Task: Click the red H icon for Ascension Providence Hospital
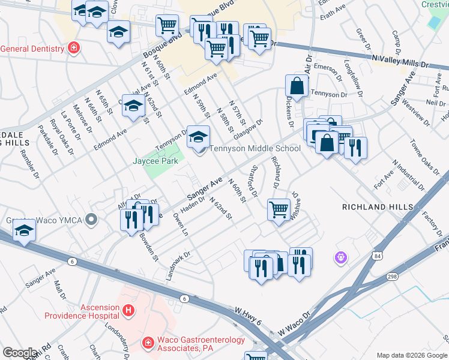click(x=127, y=310)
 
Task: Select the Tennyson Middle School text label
click(x=255, y=149)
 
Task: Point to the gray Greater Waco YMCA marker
click(x=91, y=220)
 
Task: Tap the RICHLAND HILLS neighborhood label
click(x=377, y=207)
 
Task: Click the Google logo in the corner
click(x=20, y=353)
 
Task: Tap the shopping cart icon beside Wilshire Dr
click(x=279, y=211)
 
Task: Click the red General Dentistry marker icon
click(x=73, y=48)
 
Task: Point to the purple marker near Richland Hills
click(x=340, y=257)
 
